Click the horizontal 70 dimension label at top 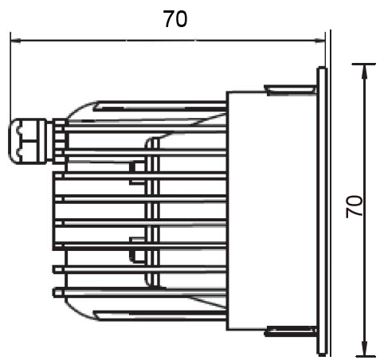click(x=174, y=19)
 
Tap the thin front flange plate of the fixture click(x=321, y=209)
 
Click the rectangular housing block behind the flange click(x=271, y=209)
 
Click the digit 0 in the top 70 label click(x=182, y=19)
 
